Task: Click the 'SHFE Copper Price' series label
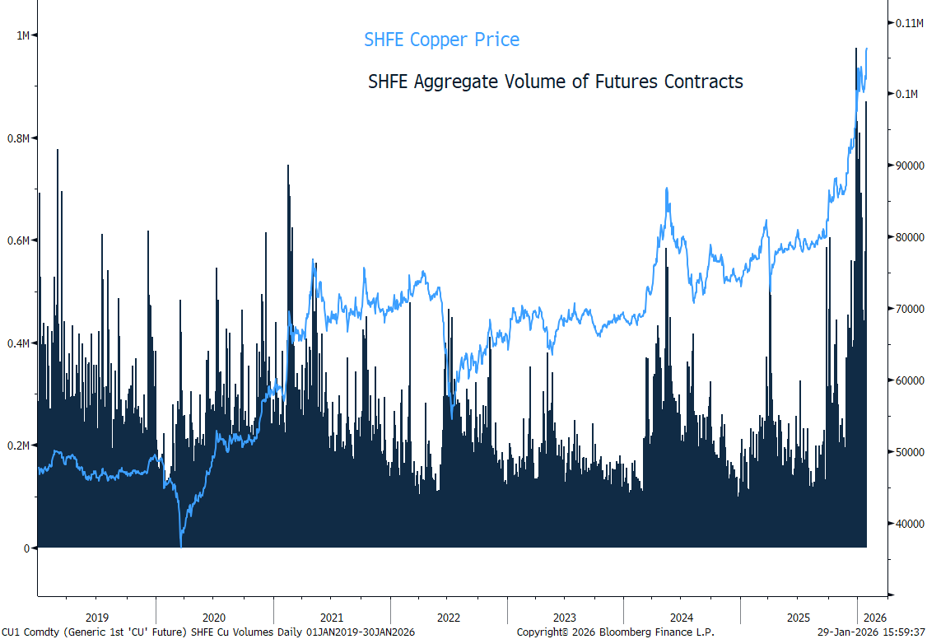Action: [x=441, y=40]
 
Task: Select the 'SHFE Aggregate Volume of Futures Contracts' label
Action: [x=555, y=82]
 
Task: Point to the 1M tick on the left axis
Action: [x=23, y=35]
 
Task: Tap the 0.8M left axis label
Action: [x=18, y=138]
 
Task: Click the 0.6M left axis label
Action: [x=18, y=240]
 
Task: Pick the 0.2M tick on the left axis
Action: [x=18, y=445]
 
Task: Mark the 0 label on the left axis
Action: [x=26, y=548]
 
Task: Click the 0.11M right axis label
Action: [x=909, y=23]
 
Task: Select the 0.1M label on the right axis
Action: [x=907, y=94]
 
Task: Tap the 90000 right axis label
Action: [x=910, y=166]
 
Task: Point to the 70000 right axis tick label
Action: [x=910, y=309]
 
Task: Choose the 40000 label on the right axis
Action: [x=910, y=524]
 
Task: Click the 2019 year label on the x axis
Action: [x=97, y=618]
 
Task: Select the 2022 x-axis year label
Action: [x=448, y=618]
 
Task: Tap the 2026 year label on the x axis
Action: [x=875, y=618]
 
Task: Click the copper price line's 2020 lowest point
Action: [x=181, y=546]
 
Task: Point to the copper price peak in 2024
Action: [x=667, y=189]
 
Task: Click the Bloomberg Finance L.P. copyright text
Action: [x=616, y=632]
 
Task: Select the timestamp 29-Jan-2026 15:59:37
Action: [x=871, y=632]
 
